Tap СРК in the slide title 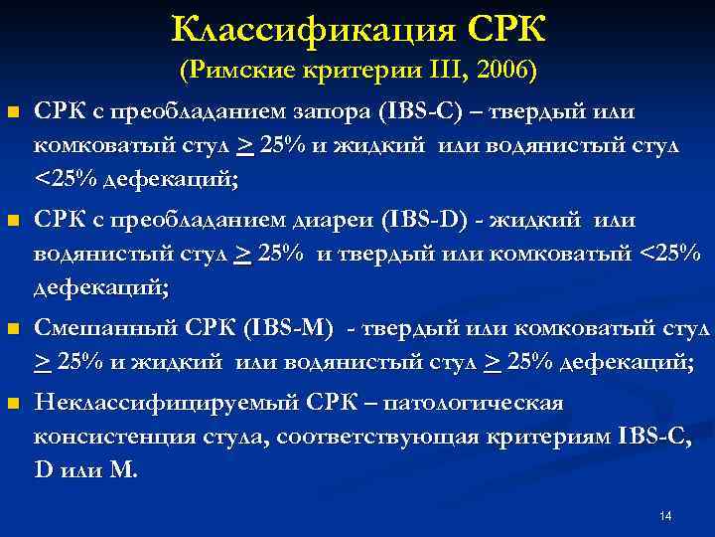click(x=502, y=29)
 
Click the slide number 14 click(x=665, y=515)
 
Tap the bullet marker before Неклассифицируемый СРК click(x=12, y=405)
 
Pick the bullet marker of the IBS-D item click(x=12, y=220)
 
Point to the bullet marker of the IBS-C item click(x=12, y=112)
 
